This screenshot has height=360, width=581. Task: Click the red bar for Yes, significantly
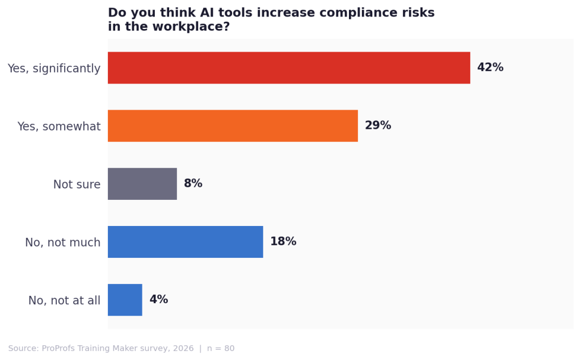click(289, 68)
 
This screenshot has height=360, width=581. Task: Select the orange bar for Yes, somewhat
click(233, 125)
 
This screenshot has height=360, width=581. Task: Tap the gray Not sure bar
click(142, 183)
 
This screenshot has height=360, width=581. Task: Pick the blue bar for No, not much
click(186, 241)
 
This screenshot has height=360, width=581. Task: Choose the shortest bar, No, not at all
click(125, 299)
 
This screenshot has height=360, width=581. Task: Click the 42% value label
click(490, 68)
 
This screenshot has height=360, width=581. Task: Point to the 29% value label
click(377, 125)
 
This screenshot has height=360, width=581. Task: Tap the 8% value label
click(193, 183)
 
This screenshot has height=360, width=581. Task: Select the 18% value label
click(283, 241)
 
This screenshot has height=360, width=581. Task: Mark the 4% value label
click(158, 299)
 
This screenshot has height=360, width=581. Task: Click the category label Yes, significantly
click(54, 69)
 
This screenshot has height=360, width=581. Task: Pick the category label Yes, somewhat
click(58, 127)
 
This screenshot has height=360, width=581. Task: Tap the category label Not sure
click(77, 185)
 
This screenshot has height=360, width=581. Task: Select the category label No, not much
click(62, 242)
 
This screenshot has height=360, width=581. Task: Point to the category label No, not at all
click(64, 300)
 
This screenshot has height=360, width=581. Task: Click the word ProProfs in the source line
click(61, 349)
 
